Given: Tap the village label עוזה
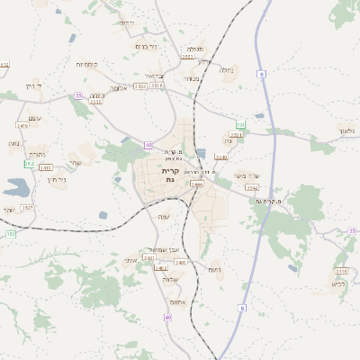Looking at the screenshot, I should [163, 218].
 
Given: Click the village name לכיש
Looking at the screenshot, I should [337, 284].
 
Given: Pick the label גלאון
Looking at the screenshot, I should [347, 130].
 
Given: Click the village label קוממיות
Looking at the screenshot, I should [87, 64].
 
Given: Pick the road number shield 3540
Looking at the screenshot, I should [221, 157].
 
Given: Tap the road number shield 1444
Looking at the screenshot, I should [196, 184].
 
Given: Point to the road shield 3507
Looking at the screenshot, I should [28, 208].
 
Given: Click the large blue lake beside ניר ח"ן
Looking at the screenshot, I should [16, 187].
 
